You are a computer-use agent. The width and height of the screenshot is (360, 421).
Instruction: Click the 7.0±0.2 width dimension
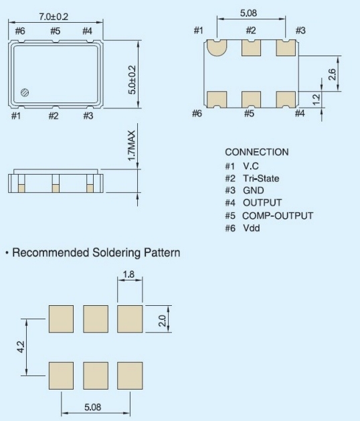(x=54, y=17)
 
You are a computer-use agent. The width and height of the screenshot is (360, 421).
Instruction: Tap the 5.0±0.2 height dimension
(x=132, y=80)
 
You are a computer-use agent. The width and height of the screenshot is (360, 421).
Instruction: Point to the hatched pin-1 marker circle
(x=25, y=92)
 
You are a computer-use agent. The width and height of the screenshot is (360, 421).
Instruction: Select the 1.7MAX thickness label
(x=132, y=146)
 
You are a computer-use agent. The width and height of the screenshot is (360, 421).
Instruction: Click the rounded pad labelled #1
(x=217, y=48)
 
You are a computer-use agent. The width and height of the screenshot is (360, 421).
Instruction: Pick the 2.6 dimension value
(x=332, y=74)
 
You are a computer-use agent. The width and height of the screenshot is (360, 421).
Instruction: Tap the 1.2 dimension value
(x=317, y=99)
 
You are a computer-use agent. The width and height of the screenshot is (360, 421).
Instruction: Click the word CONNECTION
(x=257, y=152)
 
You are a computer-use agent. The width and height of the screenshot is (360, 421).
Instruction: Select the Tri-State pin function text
(x=261, y=178)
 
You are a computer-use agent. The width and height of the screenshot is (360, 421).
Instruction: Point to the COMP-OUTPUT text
(x=278, y=216)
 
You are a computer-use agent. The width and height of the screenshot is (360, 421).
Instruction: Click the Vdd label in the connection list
(x=252, y=228)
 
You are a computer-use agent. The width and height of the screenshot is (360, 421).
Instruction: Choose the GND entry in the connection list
(x=254, y=190)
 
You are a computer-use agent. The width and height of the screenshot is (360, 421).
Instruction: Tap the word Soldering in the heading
(x=116, y=253)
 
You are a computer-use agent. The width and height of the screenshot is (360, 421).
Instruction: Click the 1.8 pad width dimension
(x=128, y=274)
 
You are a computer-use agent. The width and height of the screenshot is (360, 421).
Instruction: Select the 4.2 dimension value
(x=21, y=347)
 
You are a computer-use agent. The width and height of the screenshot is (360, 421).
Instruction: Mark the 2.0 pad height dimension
(x=162, y=321)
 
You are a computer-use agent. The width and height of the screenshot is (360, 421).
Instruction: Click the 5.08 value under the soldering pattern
(x=93, y=408)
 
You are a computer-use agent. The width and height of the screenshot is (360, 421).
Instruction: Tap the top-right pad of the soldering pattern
(x=130, y=319)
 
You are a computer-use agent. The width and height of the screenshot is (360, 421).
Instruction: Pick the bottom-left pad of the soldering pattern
(x=61, y=375)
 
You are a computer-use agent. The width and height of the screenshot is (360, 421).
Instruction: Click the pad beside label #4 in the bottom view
(x=286, y=100)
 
